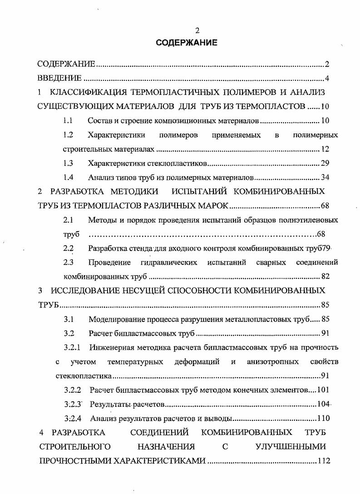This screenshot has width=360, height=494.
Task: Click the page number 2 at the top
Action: [197, 31]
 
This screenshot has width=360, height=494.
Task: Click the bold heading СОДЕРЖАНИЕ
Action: [187, 43]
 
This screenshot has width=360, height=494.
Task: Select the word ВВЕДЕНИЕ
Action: [59, 79]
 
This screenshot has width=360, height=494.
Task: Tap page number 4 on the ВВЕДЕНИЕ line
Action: [327, 79]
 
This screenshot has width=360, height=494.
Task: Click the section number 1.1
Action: [69, 121]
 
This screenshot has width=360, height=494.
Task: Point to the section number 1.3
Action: [69, 163]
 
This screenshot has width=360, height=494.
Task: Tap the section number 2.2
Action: [69, 248]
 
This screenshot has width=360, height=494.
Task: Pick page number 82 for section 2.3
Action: [325, 276]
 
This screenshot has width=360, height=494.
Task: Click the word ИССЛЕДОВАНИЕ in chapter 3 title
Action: [86, 290]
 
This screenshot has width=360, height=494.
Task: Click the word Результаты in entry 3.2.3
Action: [108, 405]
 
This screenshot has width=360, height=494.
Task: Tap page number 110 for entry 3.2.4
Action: [323, 419]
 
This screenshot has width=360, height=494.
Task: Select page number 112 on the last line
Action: [323, 461]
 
